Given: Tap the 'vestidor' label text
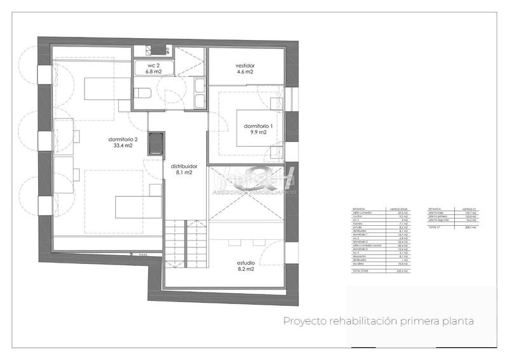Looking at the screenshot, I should (245, 66).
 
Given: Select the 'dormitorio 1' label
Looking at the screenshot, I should (258, 126).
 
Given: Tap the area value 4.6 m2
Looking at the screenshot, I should (245, 73).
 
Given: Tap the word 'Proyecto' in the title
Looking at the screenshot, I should (303, 321).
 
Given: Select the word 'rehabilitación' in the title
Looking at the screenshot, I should (363, 321).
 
